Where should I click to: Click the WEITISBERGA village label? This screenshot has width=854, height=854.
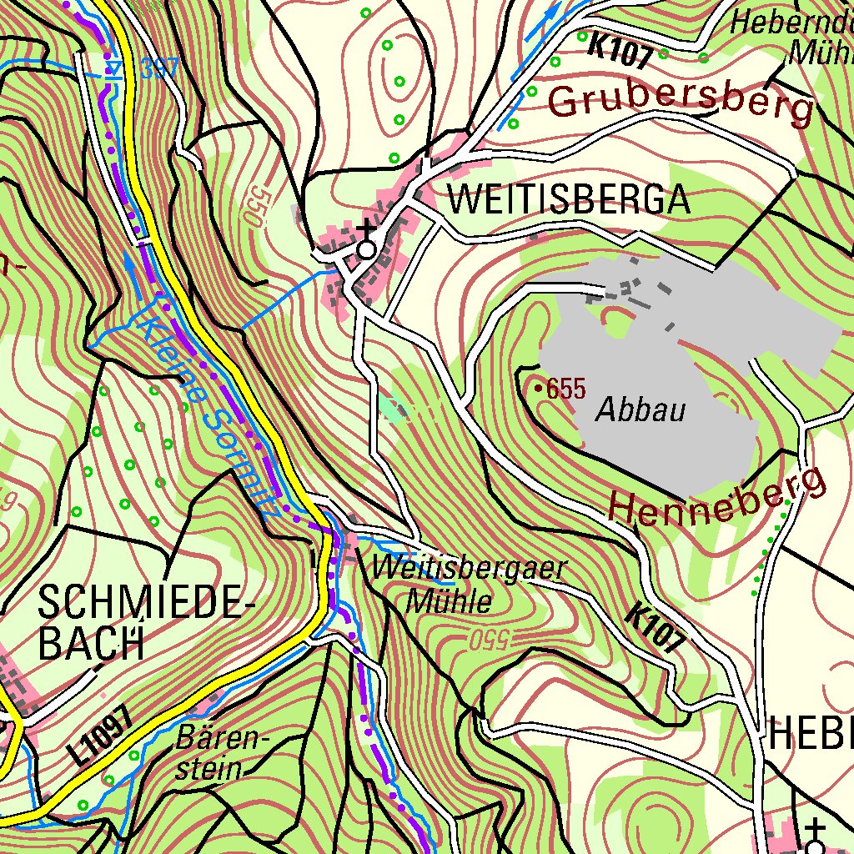569,200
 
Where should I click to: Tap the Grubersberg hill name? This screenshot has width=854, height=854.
680,100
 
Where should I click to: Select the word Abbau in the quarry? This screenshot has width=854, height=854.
640,410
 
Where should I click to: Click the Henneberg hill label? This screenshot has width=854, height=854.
717,500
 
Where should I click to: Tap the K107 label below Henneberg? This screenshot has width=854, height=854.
656,627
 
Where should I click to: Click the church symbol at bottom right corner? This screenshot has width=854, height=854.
815,838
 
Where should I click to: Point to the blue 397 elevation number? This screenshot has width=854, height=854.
158,68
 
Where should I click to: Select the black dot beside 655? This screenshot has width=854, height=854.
539,388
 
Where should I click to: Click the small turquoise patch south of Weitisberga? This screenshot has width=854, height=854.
393,408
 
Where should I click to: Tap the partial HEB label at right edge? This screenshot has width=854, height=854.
809,732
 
